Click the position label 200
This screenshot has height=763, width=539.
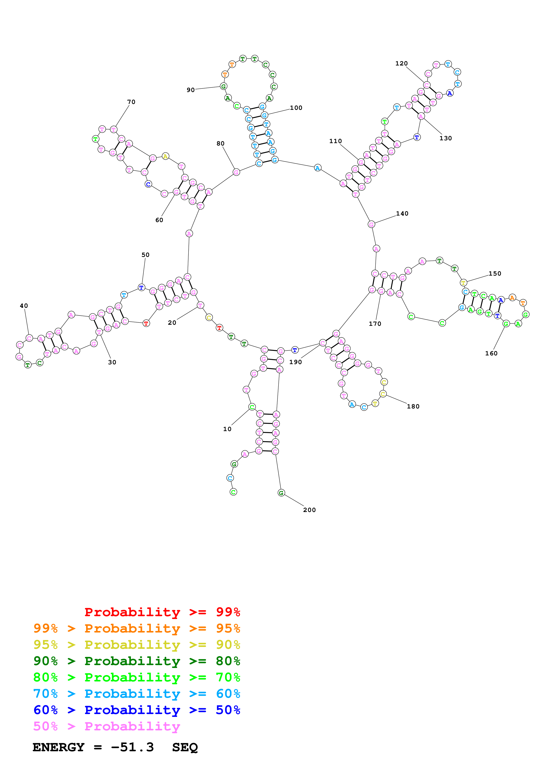pos(309,510)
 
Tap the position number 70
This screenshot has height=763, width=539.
pos(131,102)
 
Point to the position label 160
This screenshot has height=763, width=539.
pos(491,353)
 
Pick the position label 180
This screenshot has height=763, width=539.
pos(413,407)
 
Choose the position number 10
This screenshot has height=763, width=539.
pos(227,429)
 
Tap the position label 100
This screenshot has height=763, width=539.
pos(296,108)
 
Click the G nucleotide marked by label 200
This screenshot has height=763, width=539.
pos(281,493)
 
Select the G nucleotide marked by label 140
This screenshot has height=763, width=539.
pos(371,224)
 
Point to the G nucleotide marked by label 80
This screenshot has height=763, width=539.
pos(236,172)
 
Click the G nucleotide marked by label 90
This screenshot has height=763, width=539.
pos(224,86)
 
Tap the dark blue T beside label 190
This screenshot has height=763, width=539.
pos(295,350)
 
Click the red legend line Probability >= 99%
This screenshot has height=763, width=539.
pos(162,612)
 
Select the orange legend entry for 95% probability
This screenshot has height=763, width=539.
pos(137,628)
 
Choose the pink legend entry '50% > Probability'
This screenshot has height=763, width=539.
pos(107,726)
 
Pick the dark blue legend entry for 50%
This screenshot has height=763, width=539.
pos(137,710)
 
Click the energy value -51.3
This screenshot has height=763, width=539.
pos(132,747)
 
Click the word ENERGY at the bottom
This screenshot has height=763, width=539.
pos(58,747)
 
